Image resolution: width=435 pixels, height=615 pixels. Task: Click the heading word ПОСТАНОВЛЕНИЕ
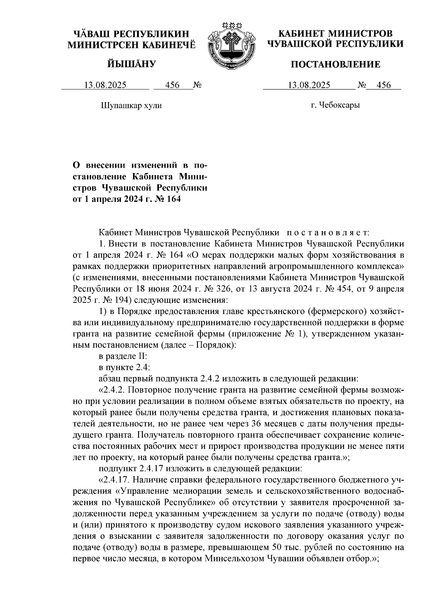click(336, 65)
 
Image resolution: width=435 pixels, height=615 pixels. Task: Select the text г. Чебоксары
click(335, 105)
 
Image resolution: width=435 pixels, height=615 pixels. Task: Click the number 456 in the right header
click(384, 85)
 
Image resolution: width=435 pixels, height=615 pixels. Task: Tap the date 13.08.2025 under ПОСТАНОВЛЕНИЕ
click(309, 85)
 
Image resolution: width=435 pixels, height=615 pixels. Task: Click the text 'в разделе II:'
click(123, 356)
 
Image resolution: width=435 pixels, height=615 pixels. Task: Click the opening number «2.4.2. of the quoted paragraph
click(112, 390)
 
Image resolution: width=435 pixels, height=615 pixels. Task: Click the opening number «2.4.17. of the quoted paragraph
click(115, 480)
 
